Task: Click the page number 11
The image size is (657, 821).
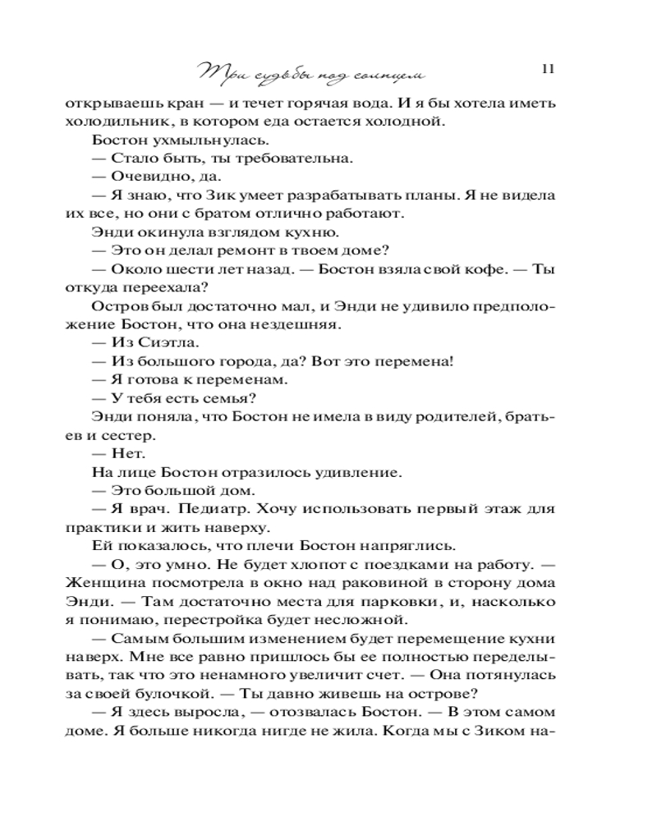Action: (x=549, y=69)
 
